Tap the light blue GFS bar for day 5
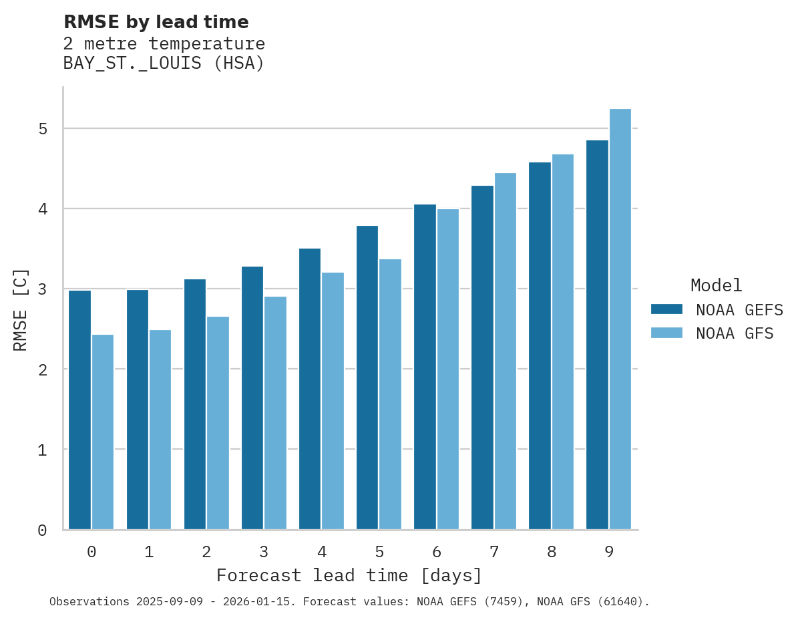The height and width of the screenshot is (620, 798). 391,394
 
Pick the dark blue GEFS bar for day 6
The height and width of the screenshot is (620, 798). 425,367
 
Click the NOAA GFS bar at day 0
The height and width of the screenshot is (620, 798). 103,432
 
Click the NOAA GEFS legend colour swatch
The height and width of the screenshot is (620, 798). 666,309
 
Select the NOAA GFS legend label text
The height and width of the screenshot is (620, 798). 735,333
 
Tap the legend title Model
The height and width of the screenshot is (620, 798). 716,286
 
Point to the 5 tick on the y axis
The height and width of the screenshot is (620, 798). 43,129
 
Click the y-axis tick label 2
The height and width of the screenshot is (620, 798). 43,369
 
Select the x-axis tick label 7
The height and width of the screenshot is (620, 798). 494,552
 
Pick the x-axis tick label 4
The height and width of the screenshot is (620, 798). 322,552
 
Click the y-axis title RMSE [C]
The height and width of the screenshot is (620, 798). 21,309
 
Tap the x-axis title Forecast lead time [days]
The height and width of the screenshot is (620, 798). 349,575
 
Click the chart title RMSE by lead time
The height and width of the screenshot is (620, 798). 156,22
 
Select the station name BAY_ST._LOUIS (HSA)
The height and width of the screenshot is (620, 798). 164,63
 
